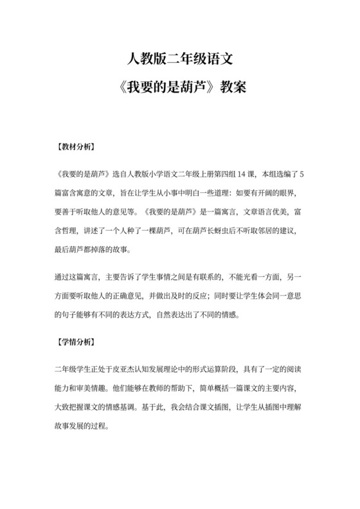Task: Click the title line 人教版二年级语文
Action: pos(179,61)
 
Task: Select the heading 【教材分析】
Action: pos(76,147)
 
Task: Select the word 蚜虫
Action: pos(207,230)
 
